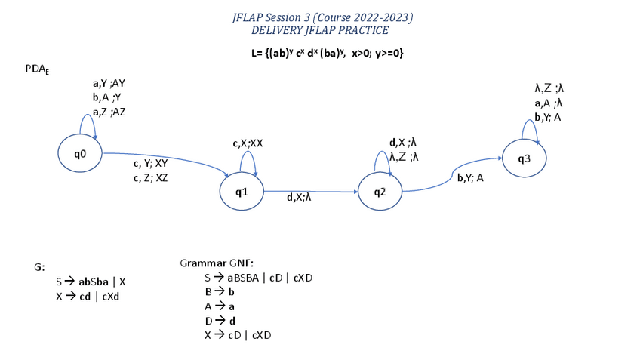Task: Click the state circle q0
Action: pyautogui.click(x=80, y=154)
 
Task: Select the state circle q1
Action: pyautogui.click(x=242, y=192)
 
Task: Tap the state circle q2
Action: pyautogui.click(x=380, y=192)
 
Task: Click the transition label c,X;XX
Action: pyautogui.click(x=248, y=143)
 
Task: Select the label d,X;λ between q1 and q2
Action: pyautogui.click(x=299, y=198)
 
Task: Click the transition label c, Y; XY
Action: pyautogui.click(x=150, y=163)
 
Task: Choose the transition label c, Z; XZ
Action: pyautogui.click(x=150, y=177)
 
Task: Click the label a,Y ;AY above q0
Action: pyautogui.click(x=109, y=83)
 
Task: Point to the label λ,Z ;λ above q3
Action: pyautogui.click(x=549, y=88)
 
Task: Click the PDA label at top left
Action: pyautogui.click(x=37, y=69)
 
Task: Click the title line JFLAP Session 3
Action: pyautogui.click(x=322, y=17)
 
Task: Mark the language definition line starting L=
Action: pyautogui.click(x=322, y=54)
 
